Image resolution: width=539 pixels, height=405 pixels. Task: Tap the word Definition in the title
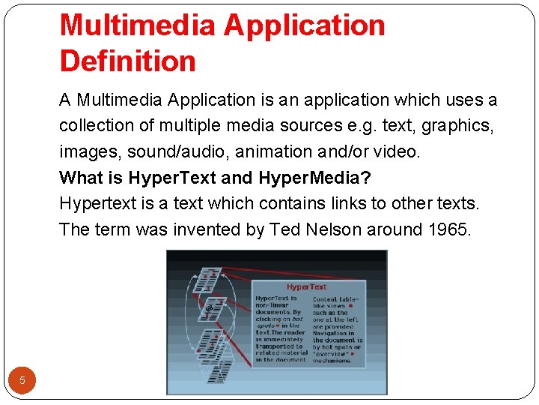coord(127,61)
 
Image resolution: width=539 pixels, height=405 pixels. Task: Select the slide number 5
coord(22,380)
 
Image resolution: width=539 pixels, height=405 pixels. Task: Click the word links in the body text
coord(336,203)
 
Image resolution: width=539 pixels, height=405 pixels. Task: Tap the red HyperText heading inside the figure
coord(307,286)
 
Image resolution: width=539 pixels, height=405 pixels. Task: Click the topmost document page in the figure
coord(210,279)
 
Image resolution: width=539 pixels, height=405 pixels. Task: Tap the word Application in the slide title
coord(305,25)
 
